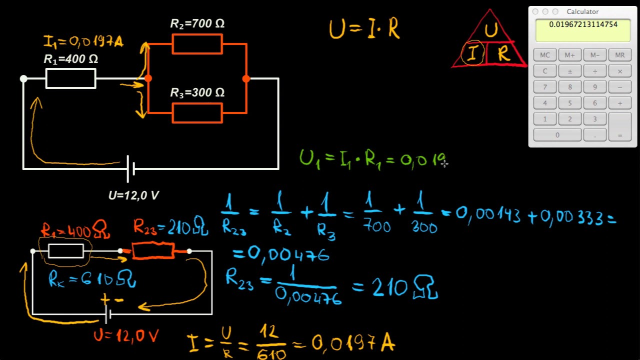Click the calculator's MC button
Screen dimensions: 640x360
coord(545,55)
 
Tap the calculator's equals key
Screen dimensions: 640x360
coord(619,127)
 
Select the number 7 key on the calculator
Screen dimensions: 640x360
coord(545,87)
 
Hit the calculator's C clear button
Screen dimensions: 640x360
coord(545,71)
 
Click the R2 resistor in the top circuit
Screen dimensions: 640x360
coord(197,44)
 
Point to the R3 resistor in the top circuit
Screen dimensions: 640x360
coord(197,113)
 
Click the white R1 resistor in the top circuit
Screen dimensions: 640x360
coord(71,78)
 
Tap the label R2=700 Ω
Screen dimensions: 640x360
coord(197,23)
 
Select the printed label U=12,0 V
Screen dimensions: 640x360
coord(133,195)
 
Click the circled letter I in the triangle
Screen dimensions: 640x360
coord(473,53)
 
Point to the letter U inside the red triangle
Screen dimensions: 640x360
coord(491,29)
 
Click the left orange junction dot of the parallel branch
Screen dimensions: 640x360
coord(148,78)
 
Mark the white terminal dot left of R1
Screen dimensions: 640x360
coord(23,78)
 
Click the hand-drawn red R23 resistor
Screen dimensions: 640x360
coord(153,250)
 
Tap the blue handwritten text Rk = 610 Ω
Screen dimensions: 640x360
coord(92,279)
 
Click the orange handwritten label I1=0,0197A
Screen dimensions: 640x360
coord(83,41)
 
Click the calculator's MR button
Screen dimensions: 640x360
coord(619,55)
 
